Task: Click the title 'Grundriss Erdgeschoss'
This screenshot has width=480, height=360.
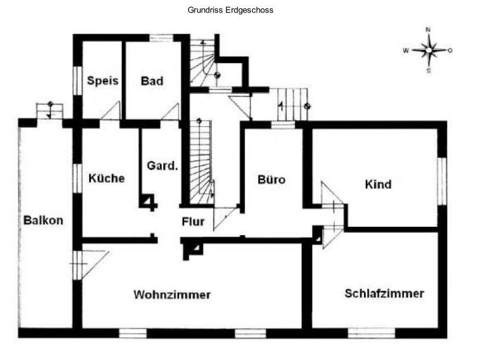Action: [x=230, y=10]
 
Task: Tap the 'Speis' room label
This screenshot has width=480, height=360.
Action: [x=102, y=80]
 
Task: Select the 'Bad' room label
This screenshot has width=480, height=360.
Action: [x=152, y=81]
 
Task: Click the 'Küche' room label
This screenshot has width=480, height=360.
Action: [x=106, y=178]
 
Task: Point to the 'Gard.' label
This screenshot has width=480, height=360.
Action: [x=162, y=165]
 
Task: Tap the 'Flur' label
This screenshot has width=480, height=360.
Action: [x=193, y=221]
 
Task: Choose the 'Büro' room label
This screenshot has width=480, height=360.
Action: [x=271, y=179]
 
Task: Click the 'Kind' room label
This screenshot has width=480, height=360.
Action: [x=378, y=184]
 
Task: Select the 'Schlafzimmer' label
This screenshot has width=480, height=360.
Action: [x=384, y=293]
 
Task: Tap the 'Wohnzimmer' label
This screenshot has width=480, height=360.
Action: [x=172, y=295]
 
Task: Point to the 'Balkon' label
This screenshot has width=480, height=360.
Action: [x=43, y=220]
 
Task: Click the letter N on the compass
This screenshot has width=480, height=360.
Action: [x=428, y=30]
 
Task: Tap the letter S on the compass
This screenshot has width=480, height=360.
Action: [x=429, y=71]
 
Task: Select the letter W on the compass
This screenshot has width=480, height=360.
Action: [x=406, y=51]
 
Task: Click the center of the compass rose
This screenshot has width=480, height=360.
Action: [x=429, y=50]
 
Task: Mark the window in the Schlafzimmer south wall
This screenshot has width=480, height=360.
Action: [x=371, y=333]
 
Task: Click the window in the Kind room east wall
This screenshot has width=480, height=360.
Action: [x=442, y=181]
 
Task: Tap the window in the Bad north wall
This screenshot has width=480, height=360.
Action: [x=161, y=38]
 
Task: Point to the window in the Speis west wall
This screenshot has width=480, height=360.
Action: [x=77, y=81]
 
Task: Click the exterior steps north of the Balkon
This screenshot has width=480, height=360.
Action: [x=49, y=111]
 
